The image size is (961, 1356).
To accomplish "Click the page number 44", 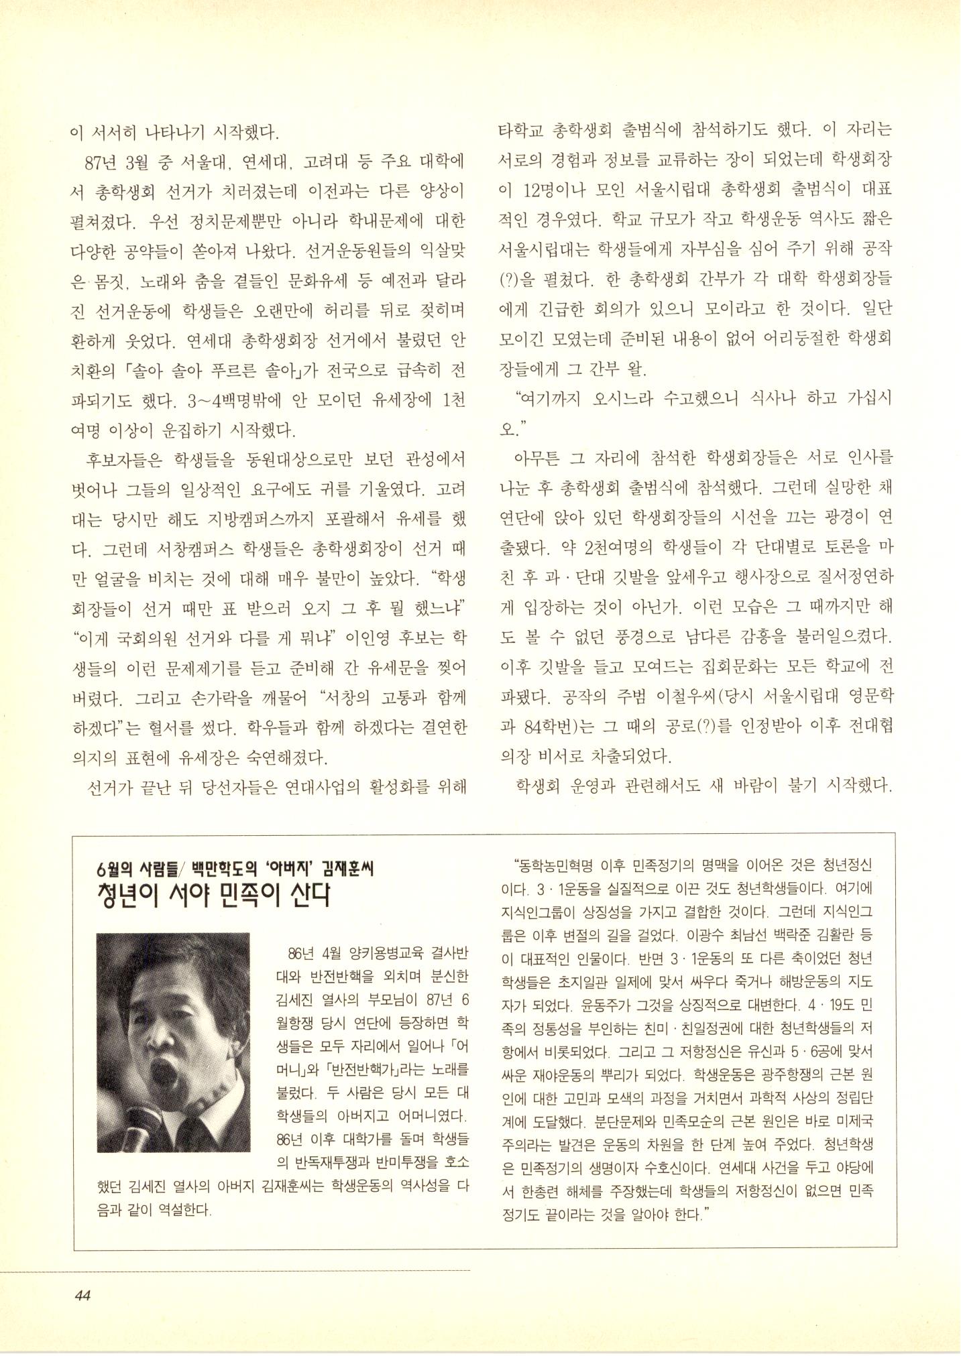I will pos(82,1295).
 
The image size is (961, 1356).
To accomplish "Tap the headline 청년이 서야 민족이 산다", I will pos(214,896).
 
